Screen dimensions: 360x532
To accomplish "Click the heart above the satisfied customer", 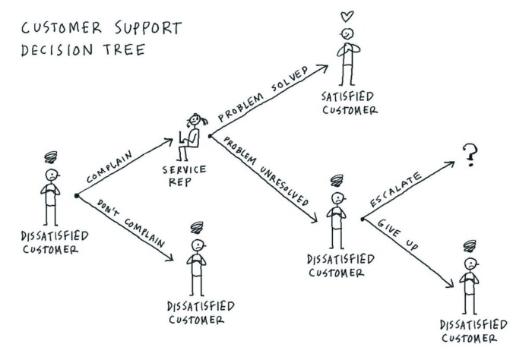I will pos(346,14).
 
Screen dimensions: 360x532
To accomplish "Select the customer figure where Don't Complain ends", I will pos(197,262).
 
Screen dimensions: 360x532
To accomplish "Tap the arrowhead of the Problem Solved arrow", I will pos(325,68).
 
